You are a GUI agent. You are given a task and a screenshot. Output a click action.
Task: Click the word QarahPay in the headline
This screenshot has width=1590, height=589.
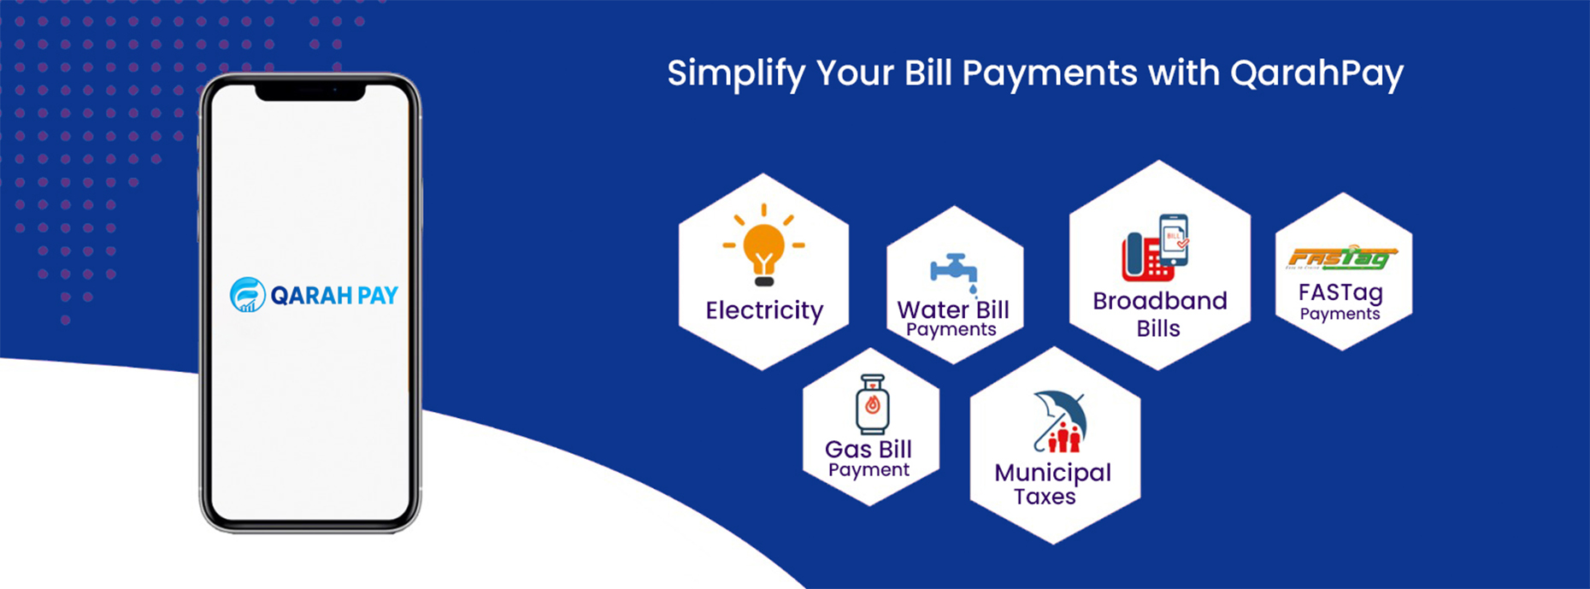pyautogui.click(x=1316, y=74)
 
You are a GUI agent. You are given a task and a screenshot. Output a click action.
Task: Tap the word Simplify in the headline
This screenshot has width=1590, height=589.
pyautogui.click(x=736, y=74)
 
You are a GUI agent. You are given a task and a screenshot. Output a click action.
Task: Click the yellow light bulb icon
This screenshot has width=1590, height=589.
pyautogui.click(x=763, y=245)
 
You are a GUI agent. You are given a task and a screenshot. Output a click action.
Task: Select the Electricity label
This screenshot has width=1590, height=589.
pyautogui.click(x=764, y=310)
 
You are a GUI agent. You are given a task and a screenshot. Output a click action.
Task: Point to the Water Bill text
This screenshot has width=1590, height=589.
pyautogui.click(x=953, y=309)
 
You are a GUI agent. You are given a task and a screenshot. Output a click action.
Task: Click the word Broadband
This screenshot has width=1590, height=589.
pyautogui.click(x=1160, y=301)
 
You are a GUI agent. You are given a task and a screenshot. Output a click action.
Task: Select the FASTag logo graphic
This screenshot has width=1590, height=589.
pyautogui.click(x=1342, y=257)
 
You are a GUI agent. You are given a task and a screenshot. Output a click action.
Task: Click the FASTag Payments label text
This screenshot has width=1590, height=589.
pyautogui.click(x=1340, y=302)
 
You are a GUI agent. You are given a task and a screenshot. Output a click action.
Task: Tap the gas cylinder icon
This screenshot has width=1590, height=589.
pyautogui.click(x=872, y=404)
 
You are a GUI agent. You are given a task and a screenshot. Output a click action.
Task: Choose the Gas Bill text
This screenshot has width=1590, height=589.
pyautogui.click(x=869, y=449)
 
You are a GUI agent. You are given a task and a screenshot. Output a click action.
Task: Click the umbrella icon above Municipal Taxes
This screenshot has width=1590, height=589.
pyautogui.click(x=1060, y=421)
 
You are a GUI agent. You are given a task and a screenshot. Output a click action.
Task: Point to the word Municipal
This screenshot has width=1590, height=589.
pyautogui.click(x=1053, y=474)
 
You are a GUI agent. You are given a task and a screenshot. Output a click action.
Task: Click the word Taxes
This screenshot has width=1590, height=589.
pyautogui.click(x=1045, y=497)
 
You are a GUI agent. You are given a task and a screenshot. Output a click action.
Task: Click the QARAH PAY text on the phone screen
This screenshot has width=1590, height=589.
pyautogui.click(x=334, y=296)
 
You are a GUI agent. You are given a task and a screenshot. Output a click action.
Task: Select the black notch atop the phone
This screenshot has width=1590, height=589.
pyautogui.click(x=310, y=91)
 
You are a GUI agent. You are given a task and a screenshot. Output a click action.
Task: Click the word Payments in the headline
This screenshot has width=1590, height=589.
pyautogui.click(x=1050, y=74)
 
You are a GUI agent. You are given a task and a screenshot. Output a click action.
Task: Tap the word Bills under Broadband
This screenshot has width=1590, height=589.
pyautogui.click(x=1158, y=328)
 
